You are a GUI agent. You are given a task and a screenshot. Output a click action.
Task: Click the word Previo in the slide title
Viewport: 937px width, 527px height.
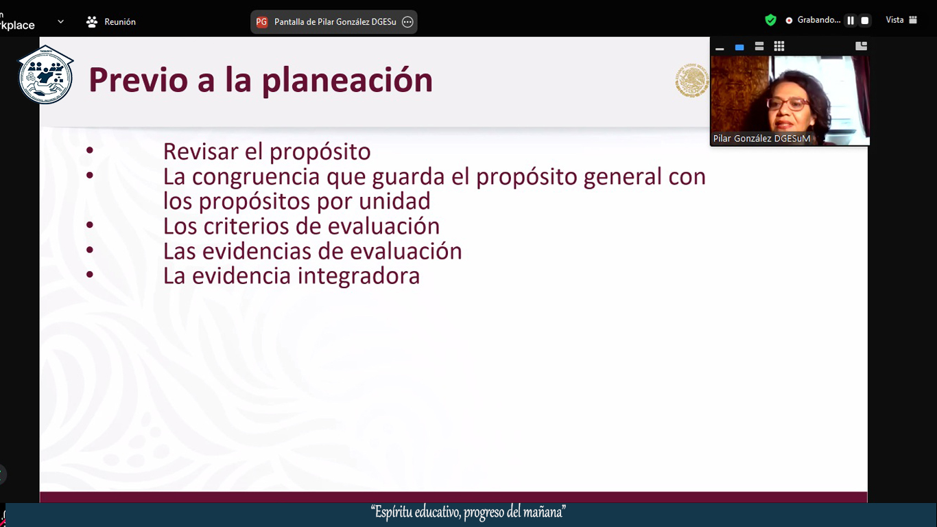(138, 80)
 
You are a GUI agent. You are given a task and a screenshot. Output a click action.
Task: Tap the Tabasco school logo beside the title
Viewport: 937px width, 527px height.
(45, 75)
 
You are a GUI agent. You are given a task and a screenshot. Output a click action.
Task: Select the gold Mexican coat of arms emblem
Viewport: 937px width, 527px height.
(691, 80)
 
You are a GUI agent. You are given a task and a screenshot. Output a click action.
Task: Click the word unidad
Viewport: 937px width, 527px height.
(394, 201)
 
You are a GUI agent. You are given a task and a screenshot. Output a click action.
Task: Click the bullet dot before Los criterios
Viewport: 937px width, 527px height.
(90, 225)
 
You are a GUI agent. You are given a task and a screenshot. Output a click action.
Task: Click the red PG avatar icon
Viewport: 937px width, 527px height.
(261, 22)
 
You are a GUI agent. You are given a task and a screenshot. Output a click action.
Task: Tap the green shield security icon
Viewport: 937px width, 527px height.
(770, 20)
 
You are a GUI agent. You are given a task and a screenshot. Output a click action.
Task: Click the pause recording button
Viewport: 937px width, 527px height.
(851, 21)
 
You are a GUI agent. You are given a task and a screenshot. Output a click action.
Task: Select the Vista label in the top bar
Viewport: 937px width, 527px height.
(894, 20)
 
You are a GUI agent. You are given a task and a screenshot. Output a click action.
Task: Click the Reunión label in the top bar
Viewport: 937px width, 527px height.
(120, 22)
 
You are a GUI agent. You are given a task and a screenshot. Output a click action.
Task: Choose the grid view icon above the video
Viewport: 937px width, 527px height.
(779, 47)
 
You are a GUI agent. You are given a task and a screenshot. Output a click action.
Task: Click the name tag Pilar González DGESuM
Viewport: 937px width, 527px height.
(761, 139)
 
